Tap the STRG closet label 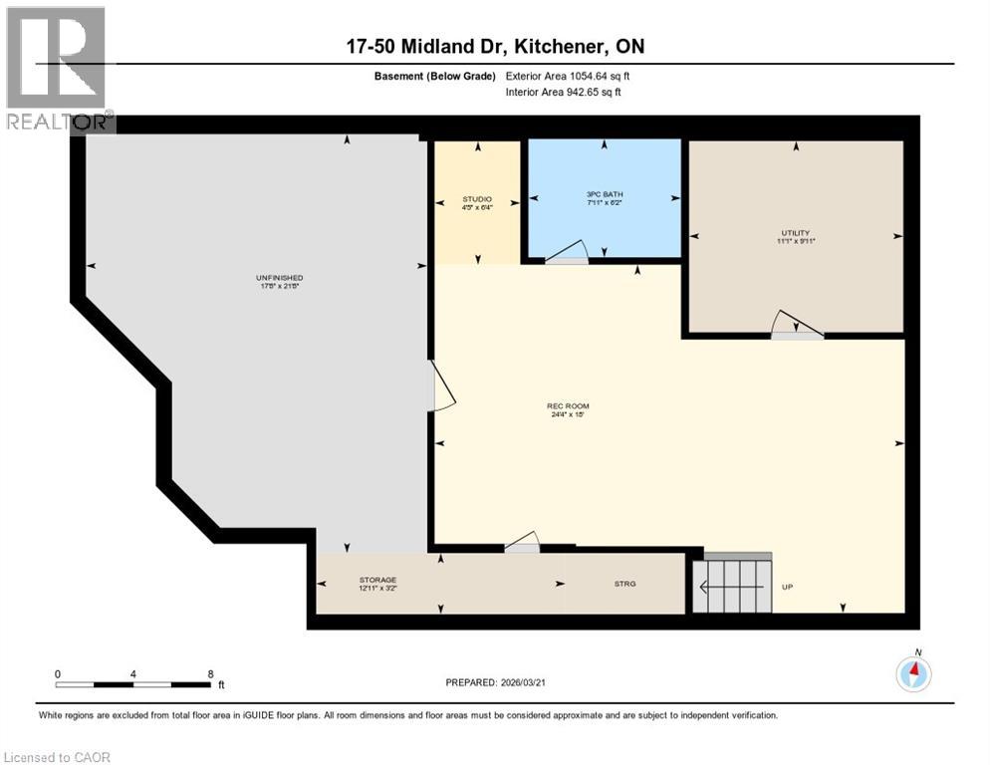625,585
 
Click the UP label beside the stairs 787,587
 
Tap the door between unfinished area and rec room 440,387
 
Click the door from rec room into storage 522,543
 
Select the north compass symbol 912,674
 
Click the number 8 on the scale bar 210,673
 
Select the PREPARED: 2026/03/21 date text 498,682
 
